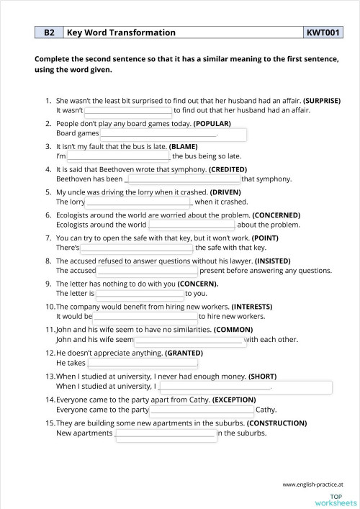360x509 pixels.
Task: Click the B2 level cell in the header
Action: tap(49, 32)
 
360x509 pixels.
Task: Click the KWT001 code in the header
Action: tap(323, 32)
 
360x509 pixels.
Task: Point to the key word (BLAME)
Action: tap(184, 146)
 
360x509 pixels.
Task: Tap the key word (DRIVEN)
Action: tap(225, 192)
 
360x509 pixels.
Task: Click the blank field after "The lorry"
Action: tap(135, 203)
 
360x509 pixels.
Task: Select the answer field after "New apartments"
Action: tap(165, 434)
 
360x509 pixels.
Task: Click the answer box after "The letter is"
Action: tap(140, 294)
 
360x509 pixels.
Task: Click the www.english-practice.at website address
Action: tap(313, 485)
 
